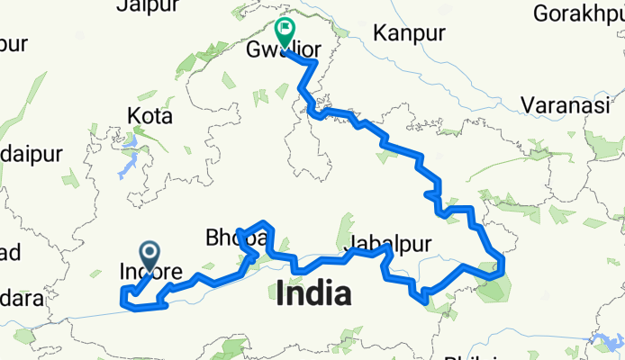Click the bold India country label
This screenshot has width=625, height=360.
coord(314,293)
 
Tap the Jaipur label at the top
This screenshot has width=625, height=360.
coord(145,7)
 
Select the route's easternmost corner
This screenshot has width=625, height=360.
coord(503,262)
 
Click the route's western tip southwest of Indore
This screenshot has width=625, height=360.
coord(122,292)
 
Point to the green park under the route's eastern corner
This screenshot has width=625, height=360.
coord(492,285)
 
